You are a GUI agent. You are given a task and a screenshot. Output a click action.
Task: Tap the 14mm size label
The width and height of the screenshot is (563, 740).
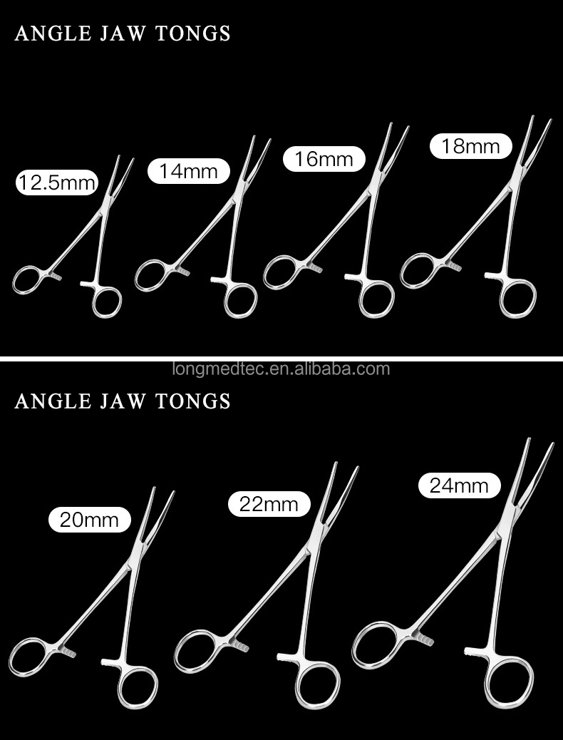tap(189, 170)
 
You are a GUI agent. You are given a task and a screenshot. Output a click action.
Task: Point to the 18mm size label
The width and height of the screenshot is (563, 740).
tap(471, 146)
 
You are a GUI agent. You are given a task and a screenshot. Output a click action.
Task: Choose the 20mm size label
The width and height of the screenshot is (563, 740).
tap(89, 519)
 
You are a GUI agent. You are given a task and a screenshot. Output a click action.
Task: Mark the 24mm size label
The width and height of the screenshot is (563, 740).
tap(459, 485)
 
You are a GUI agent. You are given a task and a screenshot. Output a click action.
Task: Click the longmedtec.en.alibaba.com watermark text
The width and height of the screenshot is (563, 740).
tap(281, 369)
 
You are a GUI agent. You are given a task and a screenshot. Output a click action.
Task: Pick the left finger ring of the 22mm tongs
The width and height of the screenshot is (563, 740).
tap(201, 649)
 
